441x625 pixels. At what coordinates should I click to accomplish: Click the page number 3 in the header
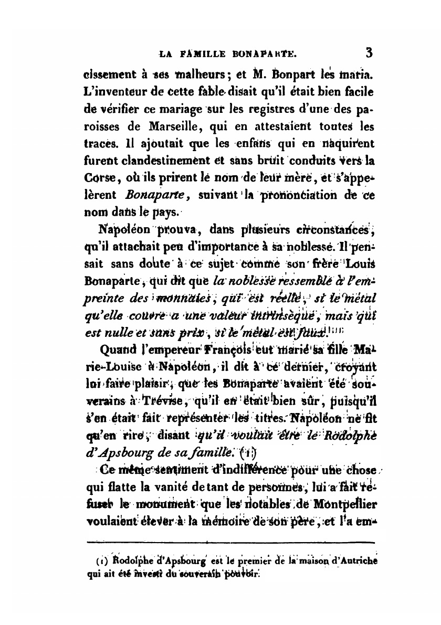[369, 52]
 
